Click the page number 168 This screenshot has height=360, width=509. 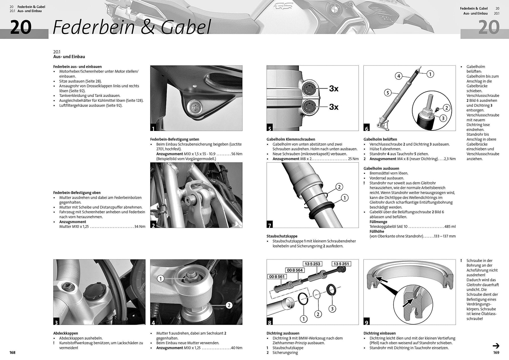coord(12,353)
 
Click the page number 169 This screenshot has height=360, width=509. coord(496,353)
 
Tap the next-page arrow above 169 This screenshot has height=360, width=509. coord(496,346)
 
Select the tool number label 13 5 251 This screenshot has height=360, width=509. coord(341,264)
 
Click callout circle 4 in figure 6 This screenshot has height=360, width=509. coord(399,76)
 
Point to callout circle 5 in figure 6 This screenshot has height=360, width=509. coord(388,92)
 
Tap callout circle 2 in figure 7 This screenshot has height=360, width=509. coord(339,187)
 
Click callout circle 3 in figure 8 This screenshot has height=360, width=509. coord(332,309)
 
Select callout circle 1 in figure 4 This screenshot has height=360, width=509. coord(161,279)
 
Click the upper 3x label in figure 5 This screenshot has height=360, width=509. coord(334,89)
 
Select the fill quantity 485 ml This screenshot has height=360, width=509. coord(450,227)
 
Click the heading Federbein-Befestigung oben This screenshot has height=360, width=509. coord(77,193)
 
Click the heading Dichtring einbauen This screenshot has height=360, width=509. coord(379,333)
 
